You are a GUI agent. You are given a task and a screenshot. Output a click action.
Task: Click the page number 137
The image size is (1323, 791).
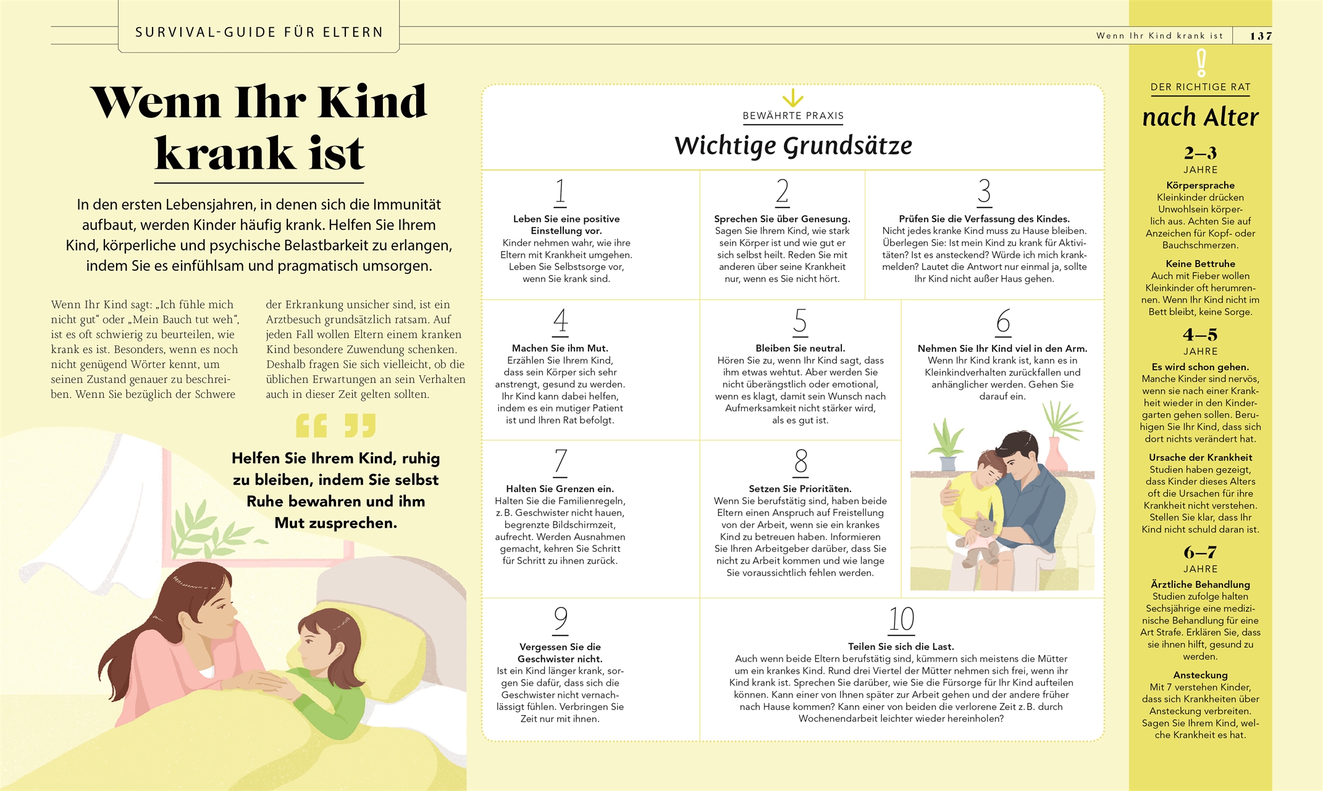[x=1260, y=36]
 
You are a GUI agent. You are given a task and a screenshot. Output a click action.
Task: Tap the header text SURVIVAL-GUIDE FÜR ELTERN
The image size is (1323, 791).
[x=259, y=32]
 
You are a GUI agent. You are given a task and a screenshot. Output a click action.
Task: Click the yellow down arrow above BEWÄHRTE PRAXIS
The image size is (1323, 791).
[x=792, y=98]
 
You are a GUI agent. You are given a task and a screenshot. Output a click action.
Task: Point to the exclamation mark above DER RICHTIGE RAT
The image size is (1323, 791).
[x=1201, y=63]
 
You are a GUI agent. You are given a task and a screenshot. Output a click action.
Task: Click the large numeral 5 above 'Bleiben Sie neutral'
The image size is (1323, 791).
[x=800, y=321]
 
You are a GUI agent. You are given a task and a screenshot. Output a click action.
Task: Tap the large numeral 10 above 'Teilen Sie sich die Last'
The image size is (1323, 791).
[x=901, y=619]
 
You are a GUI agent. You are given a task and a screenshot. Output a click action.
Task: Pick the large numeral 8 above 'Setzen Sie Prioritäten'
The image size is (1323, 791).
[x=800, y=462]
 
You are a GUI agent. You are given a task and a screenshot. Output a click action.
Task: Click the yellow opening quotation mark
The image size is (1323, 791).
[x=311, y=426]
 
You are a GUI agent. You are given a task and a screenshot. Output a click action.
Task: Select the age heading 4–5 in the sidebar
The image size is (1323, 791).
[x=1200, y=335]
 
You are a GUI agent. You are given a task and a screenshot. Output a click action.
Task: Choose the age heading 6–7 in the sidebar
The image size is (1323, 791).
[x=1200, y=552]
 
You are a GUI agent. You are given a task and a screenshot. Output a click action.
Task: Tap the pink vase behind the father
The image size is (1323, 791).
[x=1057, y=455]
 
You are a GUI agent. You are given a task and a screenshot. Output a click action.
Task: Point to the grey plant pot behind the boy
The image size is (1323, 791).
[x=947, y=463]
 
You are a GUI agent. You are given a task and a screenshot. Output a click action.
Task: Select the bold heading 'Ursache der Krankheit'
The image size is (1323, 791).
[x=1200, y=457]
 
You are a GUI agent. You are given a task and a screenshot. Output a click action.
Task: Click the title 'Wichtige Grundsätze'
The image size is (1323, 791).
[x=793, y=146]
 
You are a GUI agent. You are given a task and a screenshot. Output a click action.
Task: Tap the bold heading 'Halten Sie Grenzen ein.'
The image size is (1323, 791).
[x=560, y=489]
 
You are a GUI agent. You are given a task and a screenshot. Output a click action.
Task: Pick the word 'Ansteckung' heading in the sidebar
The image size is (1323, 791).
[x=1200, y=675]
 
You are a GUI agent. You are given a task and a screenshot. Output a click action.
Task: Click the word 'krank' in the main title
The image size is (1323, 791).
[x=224, y=153]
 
